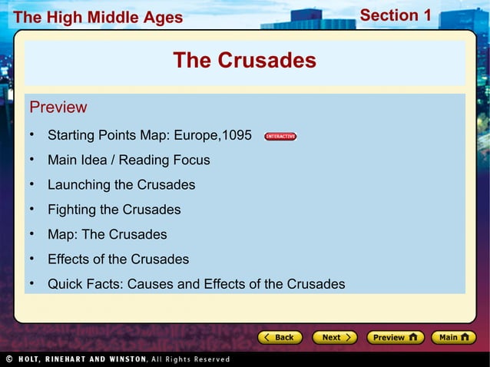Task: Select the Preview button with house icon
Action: (395, 337)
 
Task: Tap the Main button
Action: (453, 337)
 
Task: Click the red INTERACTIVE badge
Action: (280, 137)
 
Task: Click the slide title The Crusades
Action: (244, 61)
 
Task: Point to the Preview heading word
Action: (58, 107)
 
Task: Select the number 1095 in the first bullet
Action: (237, 136)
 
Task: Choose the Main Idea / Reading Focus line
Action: (128, 160)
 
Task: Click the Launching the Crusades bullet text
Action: (121, 185)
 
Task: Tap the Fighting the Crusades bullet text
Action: (114, 210)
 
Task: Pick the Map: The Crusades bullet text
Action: (107, 234)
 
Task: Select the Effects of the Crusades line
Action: (118, 260)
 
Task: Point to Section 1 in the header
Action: (396, 15)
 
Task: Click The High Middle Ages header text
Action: (98, 17)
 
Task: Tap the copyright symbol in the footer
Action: (8, 359)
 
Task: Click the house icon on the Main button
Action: (467, 337)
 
